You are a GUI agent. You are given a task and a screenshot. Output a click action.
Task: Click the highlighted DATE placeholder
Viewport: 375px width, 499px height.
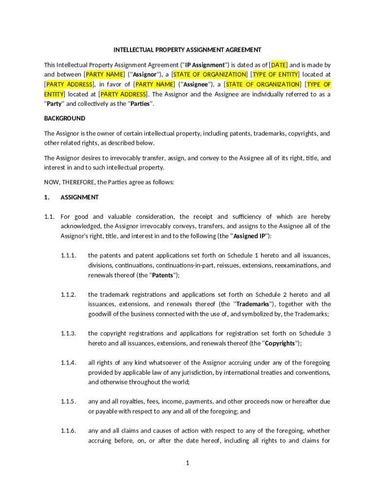(279, 65)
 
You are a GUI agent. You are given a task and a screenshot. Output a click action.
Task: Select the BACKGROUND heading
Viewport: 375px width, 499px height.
(64, 118)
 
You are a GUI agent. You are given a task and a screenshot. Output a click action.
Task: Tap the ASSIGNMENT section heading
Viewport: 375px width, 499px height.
(79, 197)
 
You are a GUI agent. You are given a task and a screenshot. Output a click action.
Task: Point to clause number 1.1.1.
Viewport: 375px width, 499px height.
(68, 255)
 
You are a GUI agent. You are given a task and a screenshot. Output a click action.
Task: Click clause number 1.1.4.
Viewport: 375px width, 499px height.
(68, 363)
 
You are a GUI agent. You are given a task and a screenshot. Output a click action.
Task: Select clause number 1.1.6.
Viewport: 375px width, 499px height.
(68, 431)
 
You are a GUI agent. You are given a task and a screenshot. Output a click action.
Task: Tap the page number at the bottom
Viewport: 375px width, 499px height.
(187, 463)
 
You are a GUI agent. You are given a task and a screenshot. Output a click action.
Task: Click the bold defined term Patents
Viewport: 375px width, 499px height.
(163, 275)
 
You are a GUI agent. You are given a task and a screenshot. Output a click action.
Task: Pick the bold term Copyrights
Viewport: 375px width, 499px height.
(280, 344)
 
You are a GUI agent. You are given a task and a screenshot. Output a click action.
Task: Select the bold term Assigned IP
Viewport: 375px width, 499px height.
(249, 236)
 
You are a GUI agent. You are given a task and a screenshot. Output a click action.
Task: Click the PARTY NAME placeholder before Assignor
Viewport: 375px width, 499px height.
(105, 75)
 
